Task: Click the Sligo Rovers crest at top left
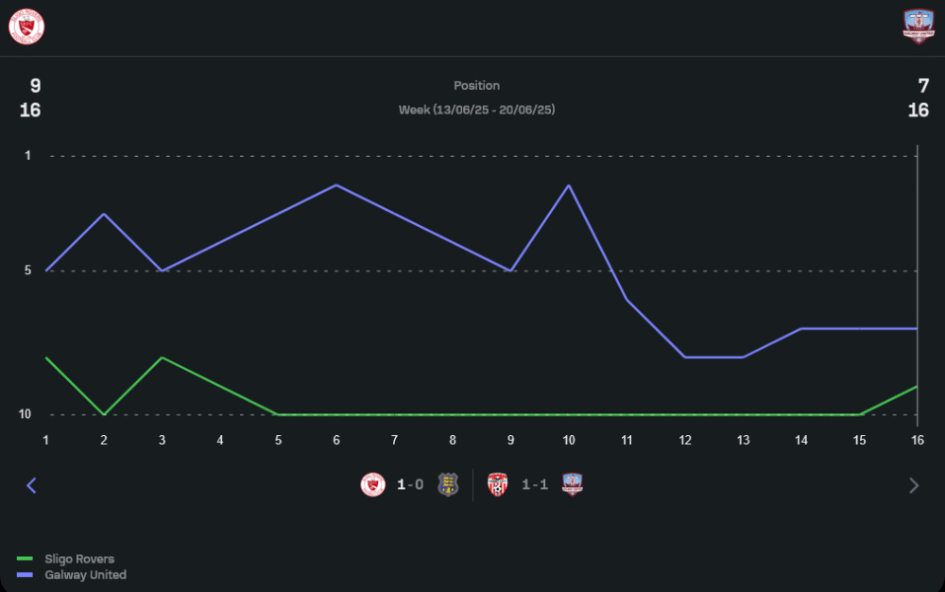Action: pyautogui.click(x=26, y=26)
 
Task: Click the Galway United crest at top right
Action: pyautogui.click(x=918, y=26)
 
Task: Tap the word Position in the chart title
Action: pyautogui.click(x=476, y=85)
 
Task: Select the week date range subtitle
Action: pyautogui.click(x=476, y=110)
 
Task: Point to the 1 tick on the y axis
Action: pyautogui.click(x=28, y=155)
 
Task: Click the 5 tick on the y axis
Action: pyautogui.click(x=28, y=270)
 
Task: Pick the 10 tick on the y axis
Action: pyautogui.click(x=26, y=414)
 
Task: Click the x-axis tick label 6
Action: pyautogui.click(x=336, y=440)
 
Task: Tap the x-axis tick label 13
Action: pyautogui.click(x=743, y=440)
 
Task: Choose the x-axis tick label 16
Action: pyautogui.click(x=917, y=440)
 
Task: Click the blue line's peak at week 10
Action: pyautogui.click(x=569, y=185)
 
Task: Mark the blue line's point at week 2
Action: pyautogui.click(x=104, y=214)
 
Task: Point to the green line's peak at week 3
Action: pyautogui.click(x=163, y=357)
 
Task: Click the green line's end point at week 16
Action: pyautogui.click(x=917, y=386)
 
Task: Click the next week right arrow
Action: pyautogui.click(x=913, y=485)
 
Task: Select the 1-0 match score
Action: pyautogui.click(x=410, y=485)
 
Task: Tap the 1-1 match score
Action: pyautogui.click(x=535, y=485)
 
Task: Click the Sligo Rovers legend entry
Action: pyautogui.click(x=79, y=559)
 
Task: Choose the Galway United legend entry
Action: pyautogui.click(x=85, y=575)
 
